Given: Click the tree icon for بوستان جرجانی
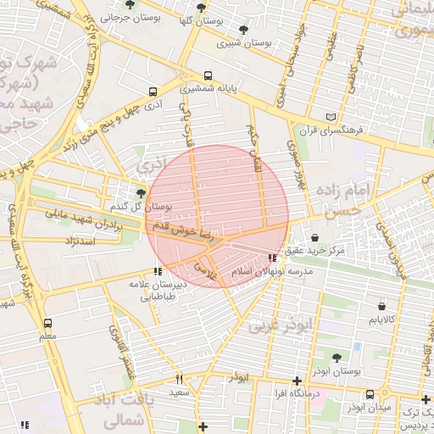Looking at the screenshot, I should tap(129, 4).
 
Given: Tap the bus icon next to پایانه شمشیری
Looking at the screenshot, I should tap(209, 75).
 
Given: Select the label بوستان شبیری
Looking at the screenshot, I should tap(243, 42).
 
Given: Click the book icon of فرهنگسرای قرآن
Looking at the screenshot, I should tap(330, 118).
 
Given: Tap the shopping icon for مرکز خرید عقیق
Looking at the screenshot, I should tap(315, 238).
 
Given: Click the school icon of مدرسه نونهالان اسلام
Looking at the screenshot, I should tap(271, 258).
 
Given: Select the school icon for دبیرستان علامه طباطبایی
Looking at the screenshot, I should tap(157, 272).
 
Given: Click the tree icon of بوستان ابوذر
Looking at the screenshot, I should tap(337, 359).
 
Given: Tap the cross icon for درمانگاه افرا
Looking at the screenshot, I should tap(296, 382).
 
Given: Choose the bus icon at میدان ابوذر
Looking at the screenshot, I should tap(370, 394).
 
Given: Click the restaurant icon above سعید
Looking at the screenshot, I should tap(179, 379).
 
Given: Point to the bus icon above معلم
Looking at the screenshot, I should tap(47, 323).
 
